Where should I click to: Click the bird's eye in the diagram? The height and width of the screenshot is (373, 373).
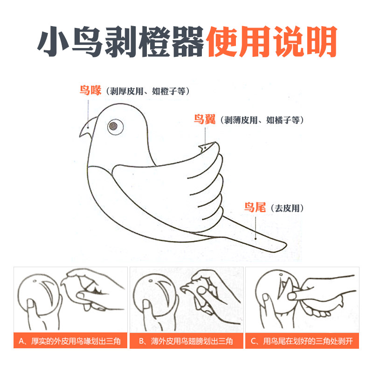point(115,126)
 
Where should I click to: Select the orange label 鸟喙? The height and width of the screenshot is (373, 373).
point(90,90)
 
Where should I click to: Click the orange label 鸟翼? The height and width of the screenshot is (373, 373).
point(205,119)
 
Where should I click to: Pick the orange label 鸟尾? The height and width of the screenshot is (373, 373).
point(255,207)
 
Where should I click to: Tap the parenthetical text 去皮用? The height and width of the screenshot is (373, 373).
point(287,208)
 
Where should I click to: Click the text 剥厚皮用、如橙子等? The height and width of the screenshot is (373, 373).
point(147,91)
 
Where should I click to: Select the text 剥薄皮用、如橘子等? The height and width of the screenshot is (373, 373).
point(262,120)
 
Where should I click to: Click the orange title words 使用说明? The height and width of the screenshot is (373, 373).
point(272,41)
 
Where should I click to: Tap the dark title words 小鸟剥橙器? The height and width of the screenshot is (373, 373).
point(121,41)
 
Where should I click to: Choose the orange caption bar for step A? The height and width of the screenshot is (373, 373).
point(70,341)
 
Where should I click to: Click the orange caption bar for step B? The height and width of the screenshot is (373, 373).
point(186,341)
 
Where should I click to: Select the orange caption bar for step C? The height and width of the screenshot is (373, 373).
point(302,341)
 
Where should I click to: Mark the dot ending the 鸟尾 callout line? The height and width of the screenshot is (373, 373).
point(256,239)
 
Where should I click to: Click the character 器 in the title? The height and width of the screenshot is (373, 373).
point(188,41)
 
